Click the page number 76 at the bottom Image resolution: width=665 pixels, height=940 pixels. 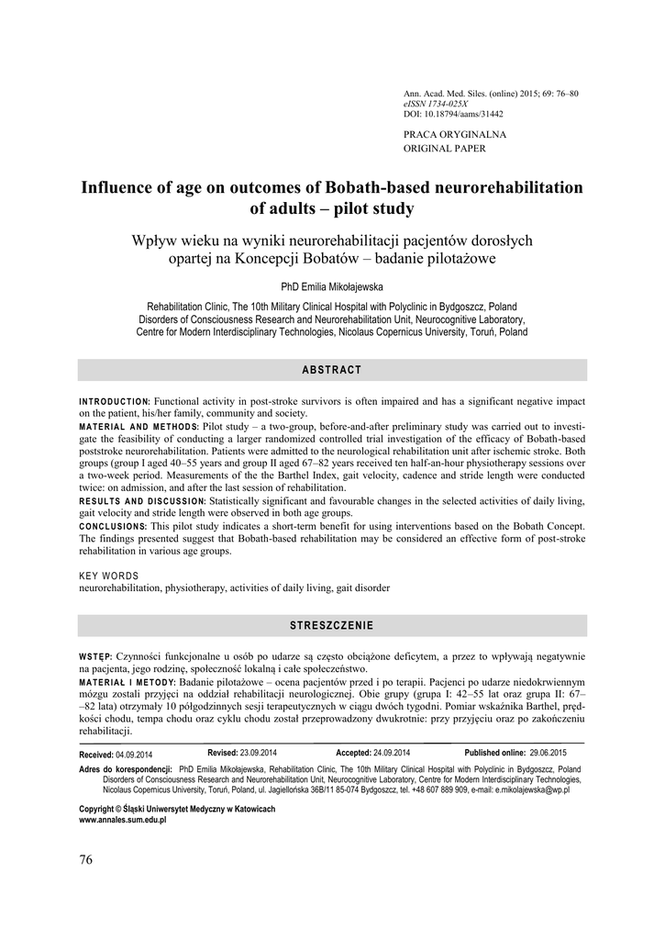(86, 859)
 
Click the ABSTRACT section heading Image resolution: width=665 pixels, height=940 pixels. (332, 370)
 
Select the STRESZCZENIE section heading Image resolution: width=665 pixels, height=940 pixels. (332, 625)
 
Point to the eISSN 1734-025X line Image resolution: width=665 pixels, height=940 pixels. (436, 105)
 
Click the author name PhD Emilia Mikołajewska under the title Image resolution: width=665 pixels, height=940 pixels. (332, 286)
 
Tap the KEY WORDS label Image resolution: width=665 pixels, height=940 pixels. (109, 576)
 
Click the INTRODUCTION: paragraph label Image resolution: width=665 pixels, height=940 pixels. (115, 402)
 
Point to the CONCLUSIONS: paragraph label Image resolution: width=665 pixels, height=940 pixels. (114, 527)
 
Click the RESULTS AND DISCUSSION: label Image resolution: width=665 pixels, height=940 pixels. (143, 502)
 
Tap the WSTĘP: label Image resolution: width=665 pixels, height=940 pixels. (96, 656)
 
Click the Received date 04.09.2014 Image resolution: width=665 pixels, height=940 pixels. (135, 754)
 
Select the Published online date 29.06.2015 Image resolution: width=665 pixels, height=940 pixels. (547, 753)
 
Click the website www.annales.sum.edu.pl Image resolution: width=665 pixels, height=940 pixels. (123, 820)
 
